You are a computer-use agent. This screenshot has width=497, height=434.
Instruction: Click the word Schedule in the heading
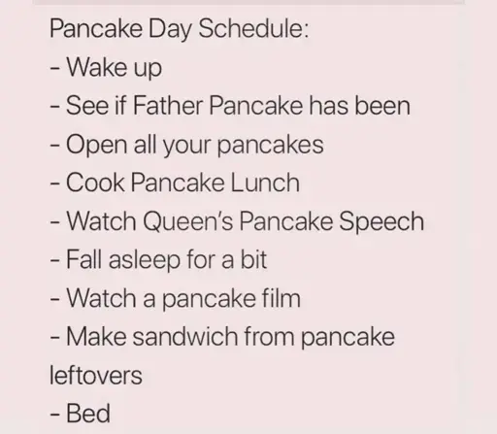pyautogui.click(x=250, y=28)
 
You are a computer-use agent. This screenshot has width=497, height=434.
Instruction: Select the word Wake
pyautogui.click(x=96, y=67)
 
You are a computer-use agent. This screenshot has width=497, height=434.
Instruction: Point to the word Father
pyautogui.click(x=168, y=105)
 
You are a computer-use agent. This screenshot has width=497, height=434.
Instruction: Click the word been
pyautogui.click(x=382, y=105)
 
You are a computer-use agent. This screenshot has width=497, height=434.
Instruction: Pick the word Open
pyautogui.click(x=96, y=145)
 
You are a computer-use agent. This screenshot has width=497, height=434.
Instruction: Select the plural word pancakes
pyautogui.click(x=270, y=146)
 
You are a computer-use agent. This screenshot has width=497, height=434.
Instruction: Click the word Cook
pyautogui.click(x=95, y=183)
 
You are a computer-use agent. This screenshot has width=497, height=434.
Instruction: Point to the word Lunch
pyautogui.click(x=265, y=183)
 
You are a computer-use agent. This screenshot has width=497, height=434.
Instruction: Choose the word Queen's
pyautogui.click(x=187, y=221)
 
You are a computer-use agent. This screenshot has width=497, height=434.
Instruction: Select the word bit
pyautogui.click(x=253, y=259)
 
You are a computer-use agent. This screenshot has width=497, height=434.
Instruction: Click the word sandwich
pyautogui.click(x=185, y=336)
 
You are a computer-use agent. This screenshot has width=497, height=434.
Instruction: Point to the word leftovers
pyautogui.click(x=96, y=375)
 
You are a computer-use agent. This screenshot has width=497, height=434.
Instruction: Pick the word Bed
pyautogui.click(x=88, y=413)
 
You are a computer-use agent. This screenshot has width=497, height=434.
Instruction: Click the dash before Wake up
pyautogui.click(x=54, y=69)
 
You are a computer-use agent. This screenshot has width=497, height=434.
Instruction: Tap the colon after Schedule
pyautogui.click(x=306, y=32)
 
